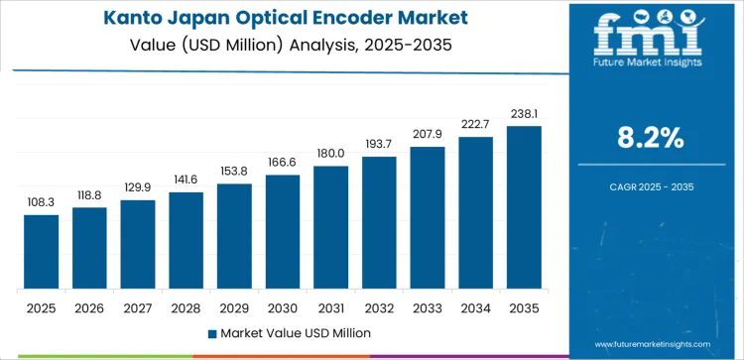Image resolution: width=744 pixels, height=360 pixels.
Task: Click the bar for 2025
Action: click(42, 252)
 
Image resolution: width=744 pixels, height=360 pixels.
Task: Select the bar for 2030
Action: click(283, 232)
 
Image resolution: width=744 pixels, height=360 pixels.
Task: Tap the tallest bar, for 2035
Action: click(524, 207)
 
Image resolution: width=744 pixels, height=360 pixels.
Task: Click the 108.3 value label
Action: click(42, 202)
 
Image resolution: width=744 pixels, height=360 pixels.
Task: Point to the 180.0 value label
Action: click(330, 154)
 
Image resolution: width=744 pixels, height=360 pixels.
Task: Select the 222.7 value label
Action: click(475, 124)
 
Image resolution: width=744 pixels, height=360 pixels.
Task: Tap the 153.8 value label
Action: click(234, 172)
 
